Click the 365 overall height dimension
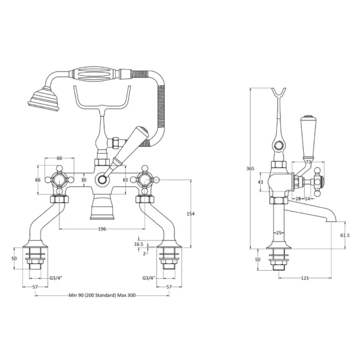coord(250,169)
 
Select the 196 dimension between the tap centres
coord(102,229)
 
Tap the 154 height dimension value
coord(191,213)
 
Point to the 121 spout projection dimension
coord(305,278)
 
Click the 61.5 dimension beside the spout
coord(345,235)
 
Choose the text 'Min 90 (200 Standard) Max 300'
coord(102,295)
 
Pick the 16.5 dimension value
coord(139,244)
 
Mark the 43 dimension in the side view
coord(261,182)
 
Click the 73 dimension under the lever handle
coord(308,162)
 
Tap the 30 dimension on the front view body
coord(84,180)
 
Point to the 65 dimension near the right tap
coord(125,180)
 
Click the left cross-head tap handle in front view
coord(60,180)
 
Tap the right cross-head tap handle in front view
coord(145,180)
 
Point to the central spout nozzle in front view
coord(102,208)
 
